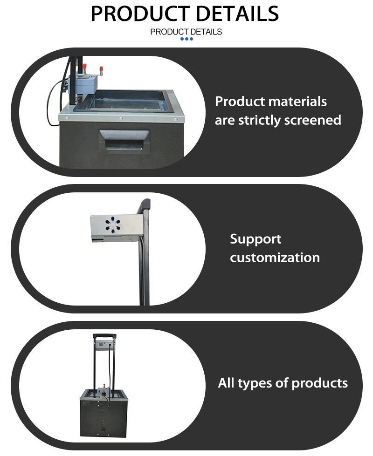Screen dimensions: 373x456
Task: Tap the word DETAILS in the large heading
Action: (237, 14)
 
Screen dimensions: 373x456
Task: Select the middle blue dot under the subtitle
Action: (186, 39)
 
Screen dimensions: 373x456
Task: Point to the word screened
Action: (312, 120)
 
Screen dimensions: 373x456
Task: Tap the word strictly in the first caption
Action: (259, 121)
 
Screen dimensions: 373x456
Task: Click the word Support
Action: (256, 239)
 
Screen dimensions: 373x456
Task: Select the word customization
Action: (275, 258)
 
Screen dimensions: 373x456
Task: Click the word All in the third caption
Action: (226, 383)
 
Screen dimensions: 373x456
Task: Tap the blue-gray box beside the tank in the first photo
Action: (83, 84)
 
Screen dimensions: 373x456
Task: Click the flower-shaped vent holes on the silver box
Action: (113, 225)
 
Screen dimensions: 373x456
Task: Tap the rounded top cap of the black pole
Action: (145, 204)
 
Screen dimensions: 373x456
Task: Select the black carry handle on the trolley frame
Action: (105, 336)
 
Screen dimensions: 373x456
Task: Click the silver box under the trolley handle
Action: (105, 344)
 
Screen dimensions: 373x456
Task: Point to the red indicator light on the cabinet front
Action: (104, 421)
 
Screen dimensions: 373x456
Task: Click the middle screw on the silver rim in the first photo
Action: (121, 119)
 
